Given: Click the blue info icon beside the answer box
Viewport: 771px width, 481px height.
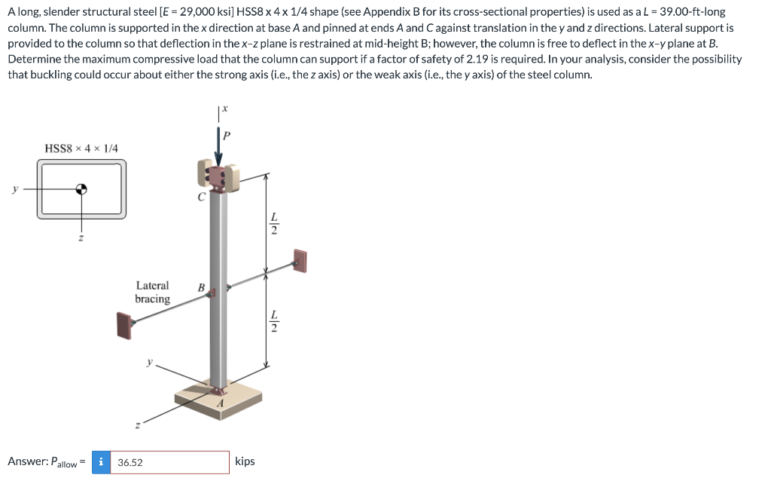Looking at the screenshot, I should point(101,462).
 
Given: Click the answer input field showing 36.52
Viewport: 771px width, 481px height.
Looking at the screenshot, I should point(169,462).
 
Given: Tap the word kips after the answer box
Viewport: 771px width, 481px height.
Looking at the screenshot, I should point(245,461).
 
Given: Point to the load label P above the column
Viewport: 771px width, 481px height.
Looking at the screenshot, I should point(227,136).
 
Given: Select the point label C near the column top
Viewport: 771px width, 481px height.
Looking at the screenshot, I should point(200,199).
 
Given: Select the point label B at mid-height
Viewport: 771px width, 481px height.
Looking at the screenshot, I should point(201,287).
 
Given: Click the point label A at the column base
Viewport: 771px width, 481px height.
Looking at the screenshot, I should point(220,404).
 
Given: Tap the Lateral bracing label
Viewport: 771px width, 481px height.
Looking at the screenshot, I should point(152,293).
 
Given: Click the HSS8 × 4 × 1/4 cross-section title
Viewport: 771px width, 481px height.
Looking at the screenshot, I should point(81,149).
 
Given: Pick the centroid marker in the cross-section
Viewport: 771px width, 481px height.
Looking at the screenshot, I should point(82,189).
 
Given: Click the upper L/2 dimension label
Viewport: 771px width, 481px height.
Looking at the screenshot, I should point(274,224).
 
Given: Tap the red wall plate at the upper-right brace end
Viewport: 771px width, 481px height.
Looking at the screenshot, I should point(300,261).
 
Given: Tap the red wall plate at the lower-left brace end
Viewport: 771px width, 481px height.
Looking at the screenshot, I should point(123,324).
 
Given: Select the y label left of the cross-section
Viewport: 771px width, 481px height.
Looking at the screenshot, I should point(14,189).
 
